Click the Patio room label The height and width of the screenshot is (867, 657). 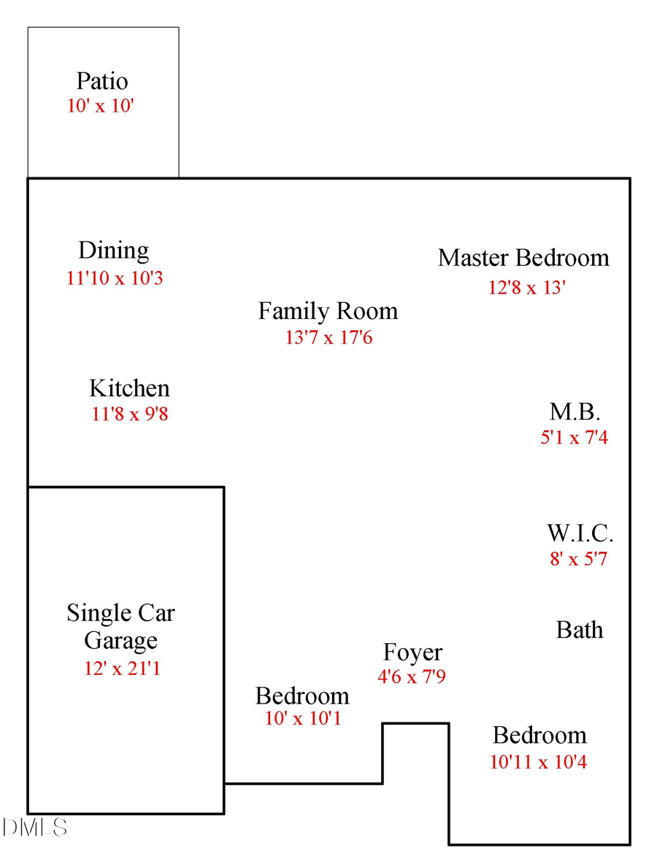coord(101,81)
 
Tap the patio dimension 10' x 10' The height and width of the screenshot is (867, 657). coord(101,106)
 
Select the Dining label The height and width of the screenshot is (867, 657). coord(114,251)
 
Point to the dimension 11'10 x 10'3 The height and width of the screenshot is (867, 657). coord(114,279)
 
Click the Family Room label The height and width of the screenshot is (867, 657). coord(328,312)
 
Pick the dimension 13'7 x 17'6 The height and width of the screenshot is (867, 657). coord(328,337)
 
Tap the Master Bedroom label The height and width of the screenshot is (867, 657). coord(523,258)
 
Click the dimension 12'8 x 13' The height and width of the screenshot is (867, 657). coord(527,288)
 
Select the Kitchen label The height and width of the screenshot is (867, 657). coord(129,388)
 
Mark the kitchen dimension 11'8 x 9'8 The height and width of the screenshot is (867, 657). coord(130,415)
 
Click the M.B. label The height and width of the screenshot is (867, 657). coord(575,412)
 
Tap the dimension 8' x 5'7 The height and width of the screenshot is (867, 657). coord(579,560)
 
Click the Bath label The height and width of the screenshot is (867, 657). coord(580,630)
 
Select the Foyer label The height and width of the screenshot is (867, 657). coord(412,652)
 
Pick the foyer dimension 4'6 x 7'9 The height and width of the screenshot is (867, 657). coord(412,677)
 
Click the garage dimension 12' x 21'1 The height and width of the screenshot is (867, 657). coord(122,668)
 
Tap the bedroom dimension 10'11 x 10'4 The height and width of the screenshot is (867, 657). coord(539,763)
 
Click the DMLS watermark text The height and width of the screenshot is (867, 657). coord(35,828)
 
